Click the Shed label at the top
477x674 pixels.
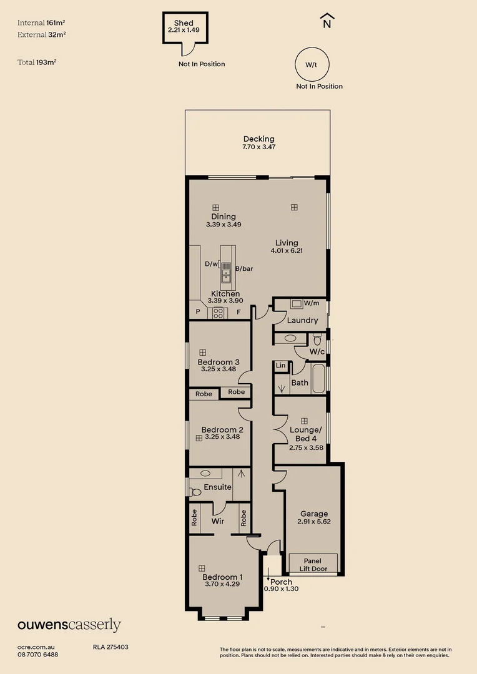[184, 23]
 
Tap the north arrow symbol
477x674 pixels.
[327, 21]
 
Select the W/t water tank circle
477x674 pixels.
[311, 64]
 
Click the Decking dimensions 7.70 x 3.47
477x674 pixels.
[258, 147]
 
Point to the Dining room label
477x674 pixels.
[223, 217]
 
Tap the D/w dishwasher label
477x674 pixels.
[211, 264]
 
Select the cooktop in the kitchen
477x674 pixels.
[219, 313]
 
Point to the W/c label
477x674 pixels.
[317, 352]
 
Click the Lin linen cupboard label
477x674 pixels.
[280, 366]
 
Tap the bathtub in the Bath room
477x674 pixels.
[318, 379]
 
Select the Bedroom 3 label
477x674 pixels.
[219, 362]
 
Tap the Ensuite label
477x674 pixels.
[218, 487]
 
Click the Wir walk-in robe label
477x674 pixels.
[218, 520]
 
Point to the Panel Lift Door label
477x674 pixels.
[313, 565]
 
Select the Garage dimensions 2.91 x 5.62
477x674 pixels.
[313, 522]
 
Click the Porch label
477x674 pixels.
[282, 582]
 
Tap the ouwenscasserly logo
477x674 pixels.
[69, 625]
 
